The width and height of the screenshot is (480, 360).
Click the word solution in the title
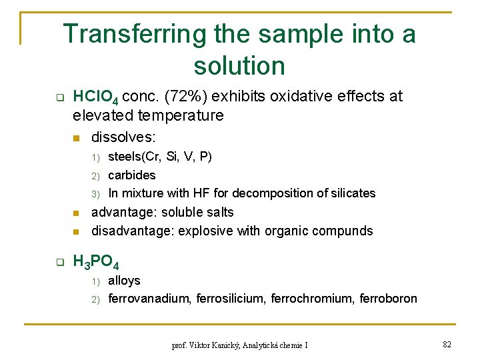pyautogui.click(x=239, y=65)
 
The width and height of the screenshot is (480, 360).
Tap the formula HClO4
pyautogui.click(x=96, y=97)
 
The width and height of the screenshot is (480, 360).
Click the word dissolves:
pyautogui.click(x=123, y=137)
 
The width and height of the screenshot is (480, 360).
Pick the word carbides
pyautogui.click(x=131, y=175)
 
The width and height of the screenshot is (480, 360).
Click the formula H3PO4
pyautogui.click(x=95, y=261)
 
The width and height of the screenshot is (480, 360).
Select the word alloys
pyautogui.click(x=124, y=280)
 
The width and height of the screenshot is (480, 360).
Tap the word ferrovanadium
pyautogui.click(x=149, y=298)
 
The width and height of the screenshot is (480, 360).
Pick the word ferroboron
pyautogui.click(x=388, y=298)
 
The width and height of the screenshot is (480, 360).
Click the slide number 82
pyautogui.click(x=446, y=343)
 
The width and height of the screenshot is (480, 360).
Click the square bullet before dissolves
pyautogui.click(x=77, y=138)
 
